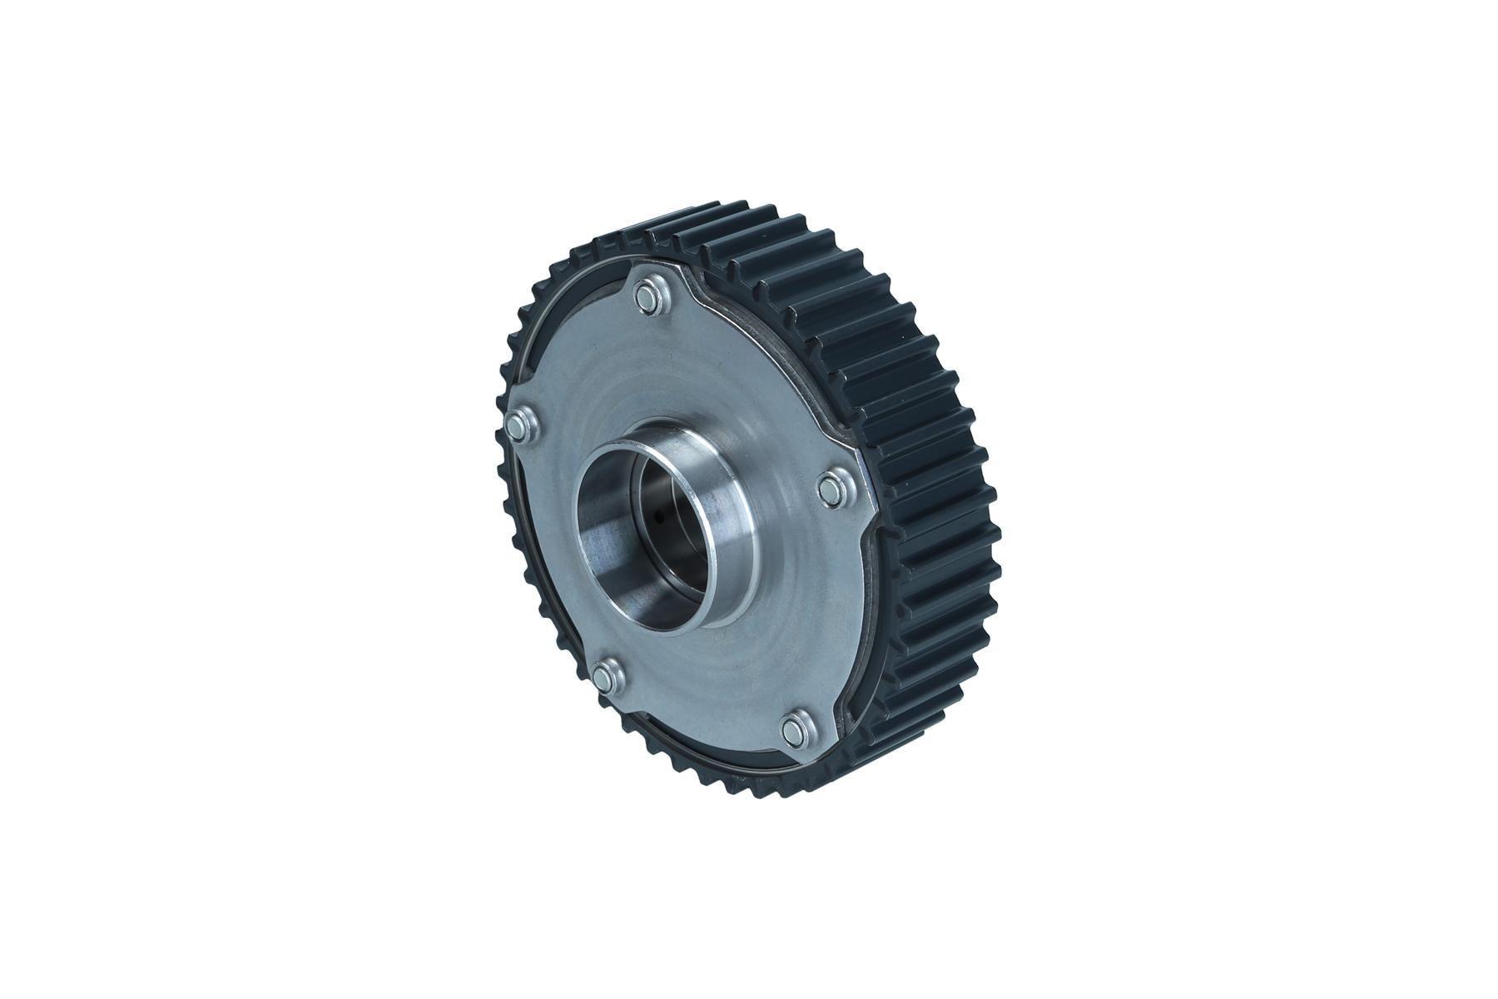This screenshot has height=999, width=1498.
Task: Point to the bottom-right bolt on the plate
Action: pos(795,729)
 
